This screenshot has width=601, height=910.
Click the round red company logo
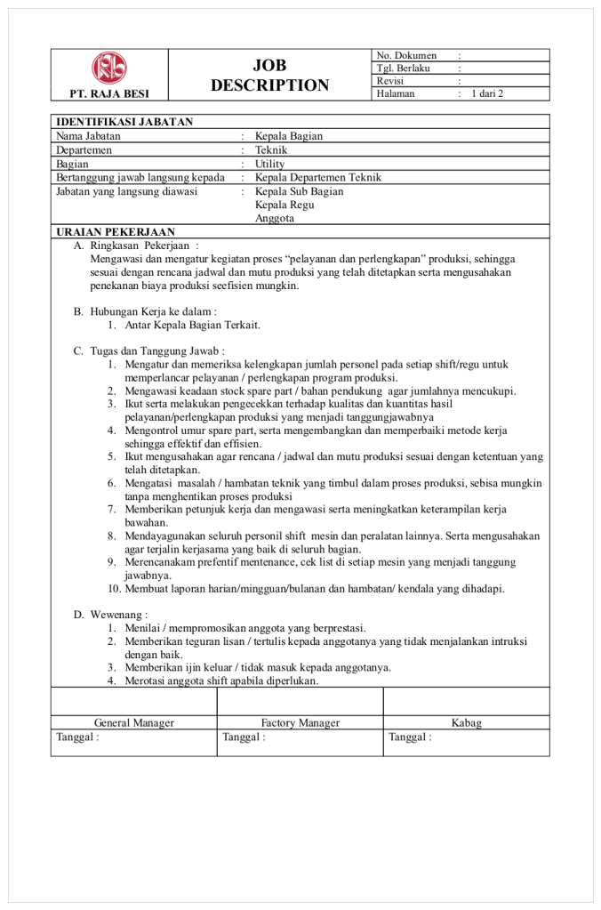[x=109, y=68]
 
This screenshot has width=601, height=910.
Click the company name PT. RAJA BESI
[x=109, y=93]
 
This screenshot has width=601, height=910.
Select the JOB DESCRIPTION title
[x=269, y=76]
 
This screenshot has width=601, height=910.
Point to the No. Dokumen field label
[x=406, y=55]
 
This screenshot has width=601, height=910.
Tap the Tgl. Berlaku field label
[x=403, y=68]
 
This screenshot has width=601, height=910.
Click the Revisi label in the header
[x=390, y=80]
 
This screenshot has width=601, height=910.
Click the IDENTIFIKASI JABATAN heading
[x=124, y=123]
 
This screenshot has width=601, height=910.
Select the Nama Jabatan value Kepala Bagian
[x=289, y=136]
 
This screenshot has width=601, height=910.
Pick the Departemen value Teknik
[x=271, y=150]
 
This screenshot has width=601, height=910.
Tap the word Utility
[x=269, y=164]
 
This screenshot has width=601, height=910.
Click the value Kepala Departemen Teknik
[x=317, y=177]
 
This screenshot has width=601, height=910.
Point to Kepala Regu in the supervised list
[x=284, y=205]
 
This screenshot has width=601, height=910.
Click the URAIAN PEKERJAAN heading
[x=116, y=231]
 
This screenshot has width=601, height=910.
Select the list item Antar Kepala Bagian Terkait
[x=193, y=325]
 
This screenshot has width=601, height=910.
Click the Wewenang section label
[x=119, y=615]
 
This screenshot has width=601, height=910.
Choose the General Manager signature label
[x=134, y=723]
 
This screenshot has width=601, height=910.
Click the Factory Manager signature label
[x=300, y=723]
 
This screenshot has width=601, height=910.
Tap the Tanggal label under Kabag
[x=410, y=737]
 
